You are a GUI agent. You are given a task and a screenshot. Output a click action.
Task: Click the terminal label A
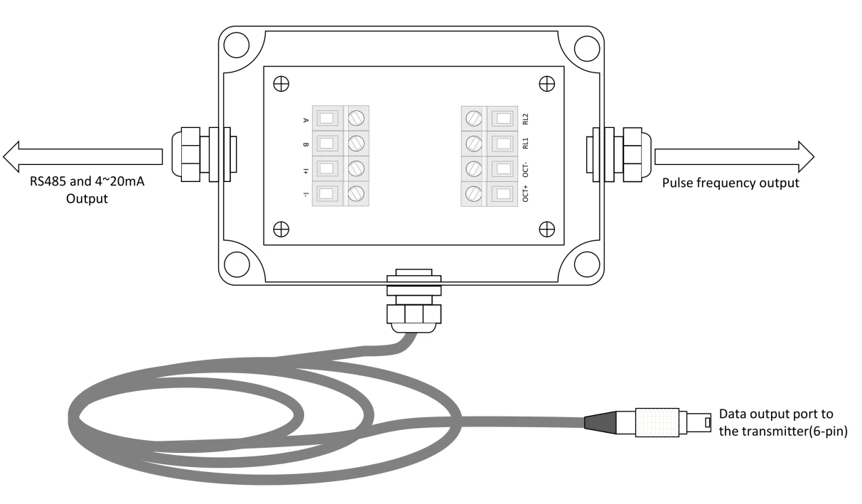click(x=306, y=120)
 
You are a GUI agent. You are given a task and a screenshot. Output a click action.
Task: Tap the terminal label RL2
click(x=525, y=119)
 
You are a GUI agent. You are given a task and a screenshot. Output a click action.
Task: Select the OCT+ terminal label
click(x=525, y=193)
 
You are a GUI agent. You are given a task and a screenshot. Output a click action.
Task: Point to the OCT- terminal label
click(x=525, y=169)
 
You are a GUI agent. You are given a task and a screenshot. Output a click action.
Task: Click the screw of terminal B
click(x=356, y=143)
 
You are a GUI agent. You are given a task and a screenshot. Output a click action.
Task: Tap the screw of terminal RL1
click(x=474, y=144)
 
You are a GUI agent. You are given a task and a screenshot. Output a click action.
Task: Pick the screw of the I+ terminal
click(x=356, y=168)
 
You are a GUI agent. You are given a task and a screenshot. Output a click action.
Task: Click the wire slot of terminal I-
click(x=326, y=193)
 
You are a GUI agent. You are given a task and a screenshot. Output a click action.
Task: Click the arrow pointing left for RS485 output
click(x=82, y=156)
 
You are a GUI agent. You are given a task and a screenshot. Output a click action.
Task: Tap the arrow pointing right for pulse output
click(x=734, y=156)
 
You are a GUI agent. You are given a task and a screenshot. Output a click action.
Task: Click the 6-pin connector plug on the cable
click(x=647, y=422)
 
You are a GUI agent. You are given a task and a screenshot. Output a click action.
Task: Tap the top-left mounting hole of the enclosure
click(x=237, y=45)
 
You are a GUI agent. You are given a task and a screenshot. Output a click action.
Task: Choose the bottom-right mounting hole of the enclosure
click(x=587, y=264)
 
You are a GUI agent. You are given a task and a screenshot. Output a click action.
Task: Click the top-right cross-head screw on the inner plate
click(x=546, y=84)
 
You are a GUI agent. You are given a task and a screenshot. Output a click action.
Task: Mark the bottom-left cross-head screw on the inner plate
click(x=281, y=230)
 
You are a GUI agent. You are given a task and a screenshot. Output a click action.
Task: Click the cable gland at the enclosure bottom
click(x=414, y=301)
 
